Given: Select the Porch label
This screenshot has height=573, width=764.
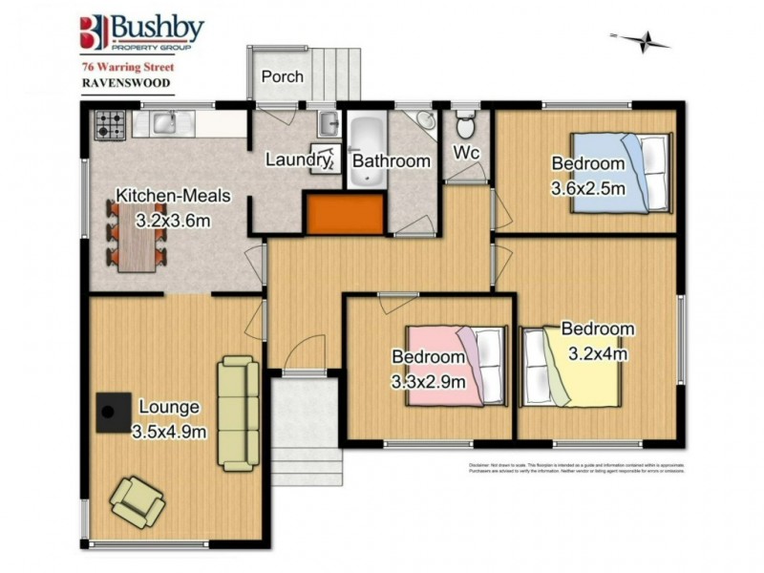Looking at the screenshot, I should click(282, 76).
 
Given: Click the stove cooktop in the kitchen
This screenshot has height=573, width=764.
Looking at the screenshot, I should click(108, 124).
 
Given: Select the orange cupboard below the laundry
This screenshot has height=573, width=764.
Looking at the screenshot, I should click(344, 211).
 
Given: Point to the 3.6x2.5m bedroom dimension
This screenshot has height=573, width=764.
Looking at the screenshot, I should click(588, 188).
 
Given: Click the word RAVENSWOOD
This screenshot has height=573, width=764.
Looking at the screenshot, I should click(114, 83).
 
